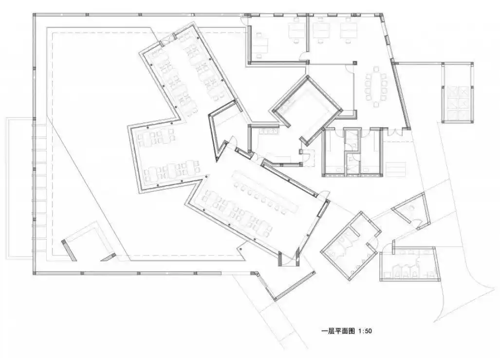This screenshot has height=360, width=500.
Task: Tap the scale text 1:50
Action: (365, 331)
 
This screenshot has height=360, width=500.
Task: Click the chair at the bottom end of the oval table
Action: (377, 103)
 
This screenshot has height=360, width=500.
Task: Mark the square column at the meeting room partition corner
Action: (355, 62)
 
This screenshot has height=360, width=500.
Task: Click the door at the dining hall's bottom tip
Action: (288, 260)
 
